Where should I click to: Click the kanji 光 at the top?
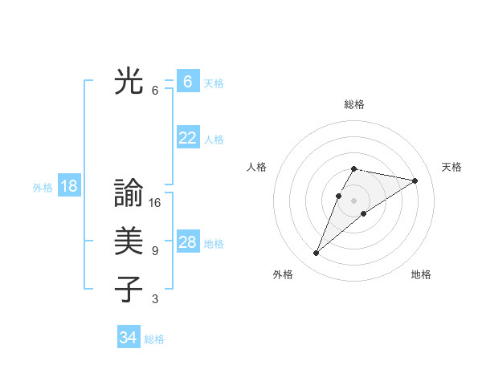point(129,81)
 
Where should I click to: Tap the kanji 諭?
point(129,193)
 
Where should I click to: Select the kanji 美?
point(129,241)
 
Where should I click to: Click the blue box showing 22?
point(188,138)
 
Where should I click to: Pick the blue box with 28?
point(188,242)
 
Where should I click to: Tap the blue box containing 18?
point(69,186)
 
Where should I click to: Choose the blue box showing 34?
point(129,338)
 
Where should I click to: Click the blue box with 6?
point(188,82)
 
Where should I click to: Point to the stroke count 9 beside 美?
point(155,251)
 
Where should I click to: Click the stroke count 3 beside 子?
point(155,299)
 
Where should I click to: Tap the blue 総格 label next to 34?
point(154,339)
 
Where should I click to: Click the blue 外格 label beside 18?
point(43,188)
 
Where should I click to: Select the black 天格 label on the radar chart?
point(451,167)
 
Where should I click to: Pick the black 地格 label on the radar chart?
point(421,274)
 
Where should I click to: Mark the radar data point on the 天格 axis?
point(415,180)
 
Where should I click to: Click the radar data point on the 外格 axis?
point(316,253)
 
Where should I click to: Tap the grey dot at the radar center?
point(353,201)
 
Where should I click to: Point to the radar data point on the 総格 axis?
point(353,168)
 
